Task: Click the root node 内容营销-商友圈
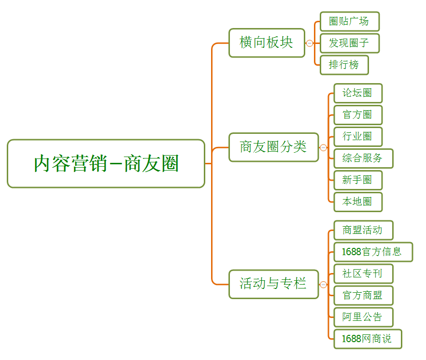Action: coord(106,163)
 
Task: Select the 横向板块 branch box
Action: coord(267,43)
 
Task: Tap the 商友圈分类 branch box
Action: coord(273,147)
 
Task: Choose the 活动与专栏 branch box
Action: coord(273,284)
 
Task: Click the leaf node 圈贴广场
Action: coord(349,21)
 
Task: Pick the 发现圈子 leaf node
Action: coord(349,43)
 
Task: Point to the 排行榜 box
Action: coord(344,65)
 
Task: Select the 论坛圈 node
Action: coord(357,93)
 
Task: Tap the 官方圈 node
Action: coord(357,115)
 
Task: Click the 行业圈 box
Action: coord(357,136)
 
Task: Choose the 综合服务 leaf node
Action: coord(363,158)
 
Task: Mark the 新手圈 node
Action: coord(357,180)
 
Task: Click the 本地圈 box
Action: coord(357,202)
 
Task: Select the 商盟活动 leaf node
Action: coord(363,230)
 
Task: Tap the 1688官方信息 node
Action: coord(373,252)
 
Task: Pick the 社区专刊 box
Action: coord(363,274)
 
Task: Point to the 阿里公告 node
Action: coord(363,317)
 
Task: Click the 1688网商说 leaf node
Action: coord(367,339)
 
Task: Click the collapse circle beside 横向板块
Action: coord(310,43)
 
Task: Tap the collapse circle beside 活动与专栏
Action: coord(323,284)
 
